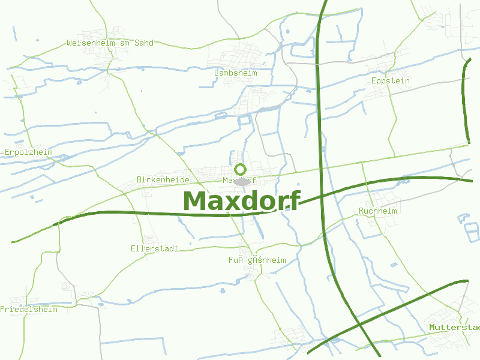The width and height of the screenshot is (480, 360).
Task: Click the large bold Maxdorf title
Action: (x=241, y=201)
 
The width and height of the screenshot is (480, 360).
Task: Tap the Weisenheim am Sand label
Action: (x=110, y=43)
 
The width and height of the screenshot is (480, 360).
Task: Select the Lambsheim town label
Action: (x=235, y=73)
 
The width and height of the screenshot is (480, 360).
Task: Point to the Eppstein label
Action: (x=391, y=80)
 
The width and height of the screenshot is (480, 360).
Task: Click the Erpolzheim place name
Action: (x=28, y=152)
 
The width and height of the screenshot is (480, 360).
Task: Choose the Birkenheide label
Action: (x=163, y=179)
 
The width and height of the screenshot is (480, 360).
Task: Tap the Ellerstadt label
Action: (x=154, y=248)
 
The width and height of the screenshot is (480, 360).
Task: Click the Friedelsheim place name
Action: (x=29, y=309)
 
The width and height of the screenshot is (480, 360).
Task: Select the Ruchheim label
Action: (x=378, y=211)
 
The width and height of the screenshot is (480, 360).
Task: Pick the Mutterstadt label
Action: (x=454, y=327)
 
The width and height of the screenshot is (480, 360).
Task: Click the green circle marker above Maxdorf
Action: (x=241, y=169)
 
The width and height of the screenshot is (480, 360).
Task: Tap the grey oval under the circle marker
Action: (x=241, y=181)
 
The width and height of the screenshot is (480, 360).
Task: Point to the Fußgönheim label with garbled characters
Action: (x=257, y=260)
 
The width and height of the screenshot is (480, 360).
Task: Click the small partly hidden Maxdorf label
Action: (x=239, y=180)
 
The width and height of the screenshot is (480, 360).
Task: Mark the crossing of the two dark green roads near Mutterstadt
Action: (x=359, y=325)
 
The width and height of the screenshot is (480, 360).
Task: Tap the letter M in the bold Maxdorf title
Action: (x=196, y=201)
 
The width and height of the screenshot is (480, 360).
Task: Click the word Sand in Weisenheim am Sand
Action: (x=144, y=43)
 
